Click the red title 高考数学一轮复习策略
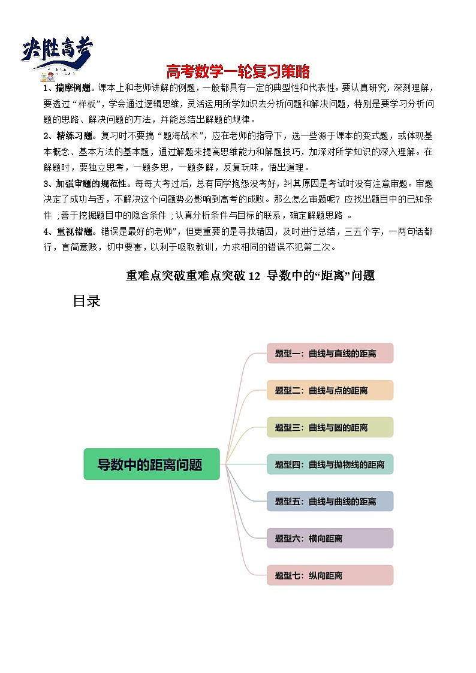238,72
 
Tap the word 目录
86,301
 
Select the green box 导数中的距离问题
151,464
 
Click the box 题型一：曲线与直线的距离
330,354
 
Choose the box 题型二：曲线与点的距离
330,391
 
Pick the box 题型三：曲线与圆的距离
330,428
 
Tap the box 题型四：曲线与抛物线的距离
330,464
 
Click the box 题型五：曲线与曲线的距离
330,502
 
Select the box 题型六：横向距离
330,539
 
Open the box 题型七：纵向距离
330,575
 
